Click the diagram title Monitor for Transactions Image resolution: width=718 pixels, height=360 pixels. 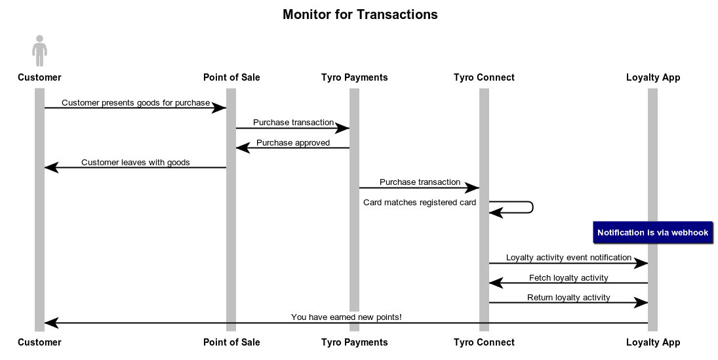[359, 14]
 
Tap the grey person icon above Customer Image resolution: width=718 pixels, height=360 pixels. [39, 50]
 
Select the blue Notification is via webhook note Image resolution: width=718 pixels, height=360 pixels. [652, 233]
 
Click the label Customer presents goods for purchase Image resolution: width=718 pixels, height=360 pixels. [135, 103]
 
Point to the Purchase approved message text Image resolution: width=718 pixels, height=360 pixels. [292, 143]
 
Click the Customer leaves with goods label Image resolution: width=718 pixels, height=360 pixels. [135, 163]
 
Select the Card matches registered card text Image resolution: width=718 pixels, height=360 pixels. [420, 203]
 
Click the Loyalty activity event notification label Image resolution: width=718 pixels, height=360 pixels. [568, 258]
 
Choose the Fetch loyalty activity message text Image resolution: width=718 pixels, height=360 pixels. [568, 278]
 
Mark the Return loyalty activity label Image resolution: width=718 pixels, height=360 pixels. [568, 298]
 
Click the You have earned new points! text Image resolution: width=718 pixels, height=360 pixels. [346, 317]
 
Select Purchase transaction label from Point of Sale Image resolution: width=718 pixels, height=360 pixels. [292, 123]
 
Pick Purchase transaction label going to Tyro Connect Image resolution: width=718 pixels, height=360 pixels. [420, 182]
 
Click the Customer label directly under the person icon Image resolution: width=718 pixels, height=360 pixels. [39, 77]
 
